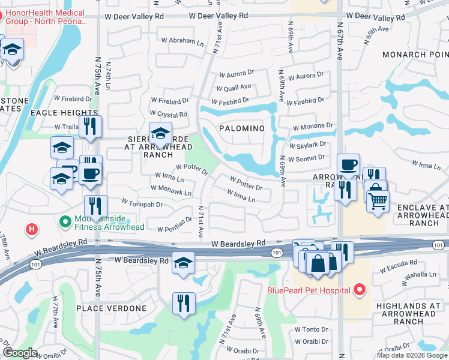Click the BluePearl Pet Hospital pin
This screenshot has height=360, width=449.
[x=359, y=290]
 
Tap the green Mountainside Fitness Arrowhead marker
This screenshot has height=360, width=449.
[x=65, y=221]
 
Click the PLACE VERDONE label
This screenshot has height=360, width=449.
[x=111, y=308]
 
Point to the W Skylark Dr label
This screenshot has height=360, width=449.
[x=307, y=145]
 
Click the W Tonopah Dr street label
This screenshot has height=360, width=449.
[x=142, y=204]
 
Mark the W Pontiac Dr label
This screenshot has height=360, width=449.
[x=174, y=229]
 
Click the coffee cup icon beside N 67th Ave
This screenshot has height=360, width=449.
[x=348, y=164]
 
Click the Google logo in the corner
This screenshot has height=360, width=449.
[x=20, y=353]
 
